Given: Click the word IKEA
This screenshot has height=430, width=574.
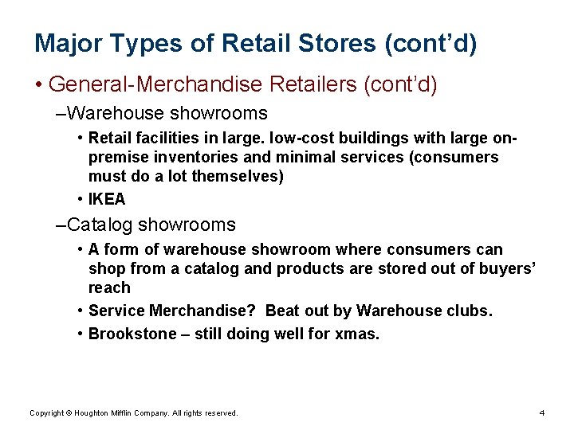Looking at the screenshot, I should (107, 199).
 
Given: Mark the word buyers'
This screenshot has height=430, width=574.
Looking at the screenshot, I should (507, 268).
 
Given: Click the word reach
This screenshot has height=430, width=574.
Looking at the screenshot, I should (109, 287).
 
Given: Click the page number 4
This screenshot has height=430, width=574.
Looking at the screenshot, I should (541, 412).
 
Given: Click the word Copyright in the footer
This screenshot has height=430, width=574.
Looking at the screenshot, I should (46, 412).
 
